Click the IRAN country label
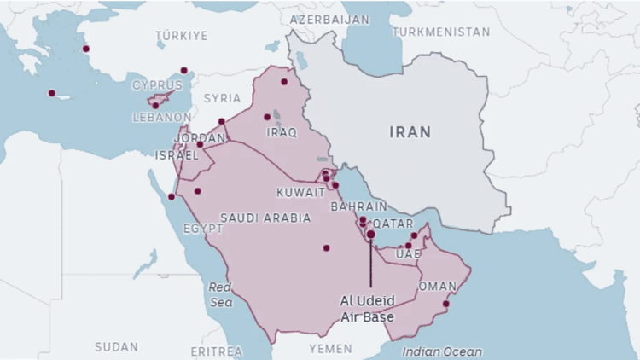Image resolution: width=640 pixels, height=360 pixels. pos(410,132)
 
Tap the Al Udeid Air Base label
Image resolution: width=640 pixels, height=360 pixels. pos(368,309)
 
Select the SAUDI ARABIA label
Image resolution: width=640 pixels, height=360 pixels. pos(265,218)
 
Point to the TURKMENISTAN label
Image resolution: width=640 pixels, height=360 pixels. pos(440,32)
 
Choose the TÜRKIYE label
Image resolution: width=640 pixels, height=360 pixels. pos(182,35)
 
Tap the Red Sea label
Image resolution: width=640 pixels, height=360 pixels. pos(220,294)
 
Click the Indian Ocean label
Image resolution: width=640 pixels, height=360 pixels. pos(442,351)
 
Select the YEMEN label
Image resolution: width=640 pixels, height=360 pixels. pos(329,349)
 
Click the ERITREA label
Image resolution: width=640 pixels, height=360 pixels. pos(216,351)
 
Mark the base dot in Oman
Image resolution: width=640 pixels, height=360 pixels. pos(445,304)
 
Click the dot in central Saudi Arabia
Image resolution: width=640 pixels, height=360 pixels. pos(326,248)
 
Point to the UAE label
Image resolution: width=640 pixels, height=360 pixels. pos(409,254)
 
